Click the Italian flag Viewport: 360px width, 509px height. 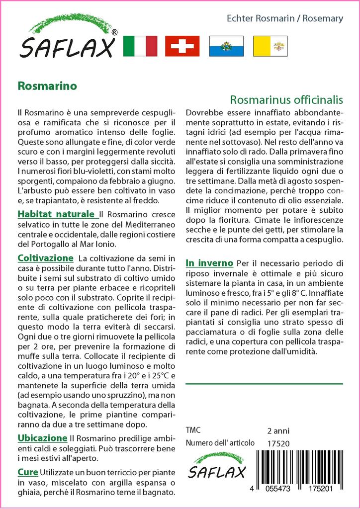(140, 46)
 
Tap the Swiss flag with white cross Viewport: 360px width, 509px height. (182, 46)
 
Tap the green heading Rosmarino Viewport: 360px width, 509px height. (47, 85)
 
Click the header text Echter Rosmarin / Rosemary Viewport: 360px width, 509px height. (284, 19)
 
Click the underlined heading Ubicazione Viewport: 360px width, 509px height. (42, 438)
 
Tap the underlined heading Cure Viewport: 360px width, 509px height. (27, 472)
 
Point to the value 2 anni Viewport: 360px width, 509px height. (278, 430)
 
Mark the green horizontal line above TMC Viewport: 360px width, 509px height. (264, 384)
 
